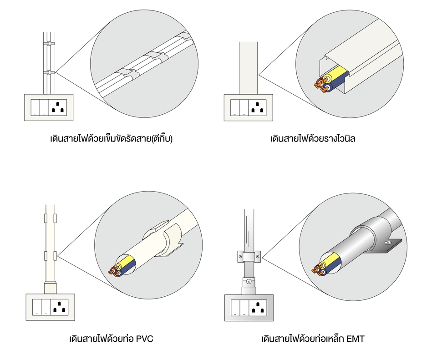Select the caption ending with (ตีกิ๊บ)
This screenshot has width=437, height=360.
coord(112,138)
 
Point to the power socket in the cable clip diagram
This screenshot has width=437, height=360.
coord(59,107)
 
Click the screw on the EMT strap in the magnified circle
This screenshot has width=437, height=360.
coord(387,244)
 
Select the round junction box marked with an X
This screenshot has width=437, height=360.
coord(249,282)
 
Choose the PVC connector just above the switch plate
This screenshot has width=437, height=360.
coord(50,288)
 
